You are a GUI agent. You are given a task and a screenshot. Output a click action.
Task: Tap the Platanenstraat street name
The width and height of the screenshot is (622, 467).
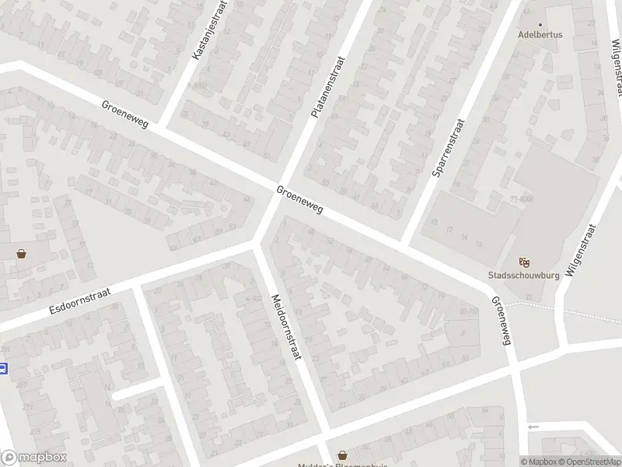327,86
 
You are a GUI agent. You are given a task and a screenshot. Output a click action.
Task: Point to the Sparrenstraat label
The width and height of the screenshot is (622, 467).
449,147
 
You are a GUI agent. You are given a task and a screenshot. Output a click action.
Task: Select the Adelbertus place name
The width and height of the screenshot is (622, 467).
540,35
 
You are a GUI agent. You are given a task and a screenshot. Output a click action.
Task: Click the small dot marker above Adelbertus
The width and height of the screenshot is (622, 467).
540,23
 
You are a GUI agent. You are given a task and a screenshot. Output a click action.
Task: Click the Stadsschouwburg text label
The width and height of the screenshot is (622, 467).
523,275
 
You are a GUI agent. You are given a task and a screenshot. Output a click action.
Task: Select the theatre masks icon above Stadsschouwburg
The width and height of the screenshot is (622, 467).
524,262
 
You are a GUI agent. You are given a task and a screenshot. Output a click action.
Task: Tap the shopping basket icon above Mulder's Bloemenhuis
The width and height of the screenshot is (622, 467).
342,455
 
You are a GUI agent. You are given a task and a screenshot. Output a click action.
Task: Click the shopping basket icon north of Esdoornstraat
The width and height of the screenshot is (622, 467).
21,253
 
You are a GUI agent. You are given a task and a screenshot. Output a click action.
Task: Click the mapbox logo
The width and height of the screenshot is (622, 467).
33,458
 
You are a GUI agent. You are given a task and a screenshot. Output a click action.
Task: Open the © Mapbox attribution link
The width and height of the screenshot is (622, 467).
539,462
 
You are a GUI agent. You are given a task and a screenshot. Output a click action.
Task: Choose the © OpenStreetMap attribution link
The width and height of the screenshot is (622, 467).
588,462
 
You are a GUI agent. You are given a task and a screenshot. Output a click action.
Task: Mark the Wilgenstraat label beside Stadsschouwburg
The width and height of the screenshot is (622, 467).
582,251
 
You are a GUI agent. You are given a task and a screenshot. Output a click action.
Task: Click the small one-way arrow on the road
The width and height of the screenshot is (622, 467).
533,427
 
